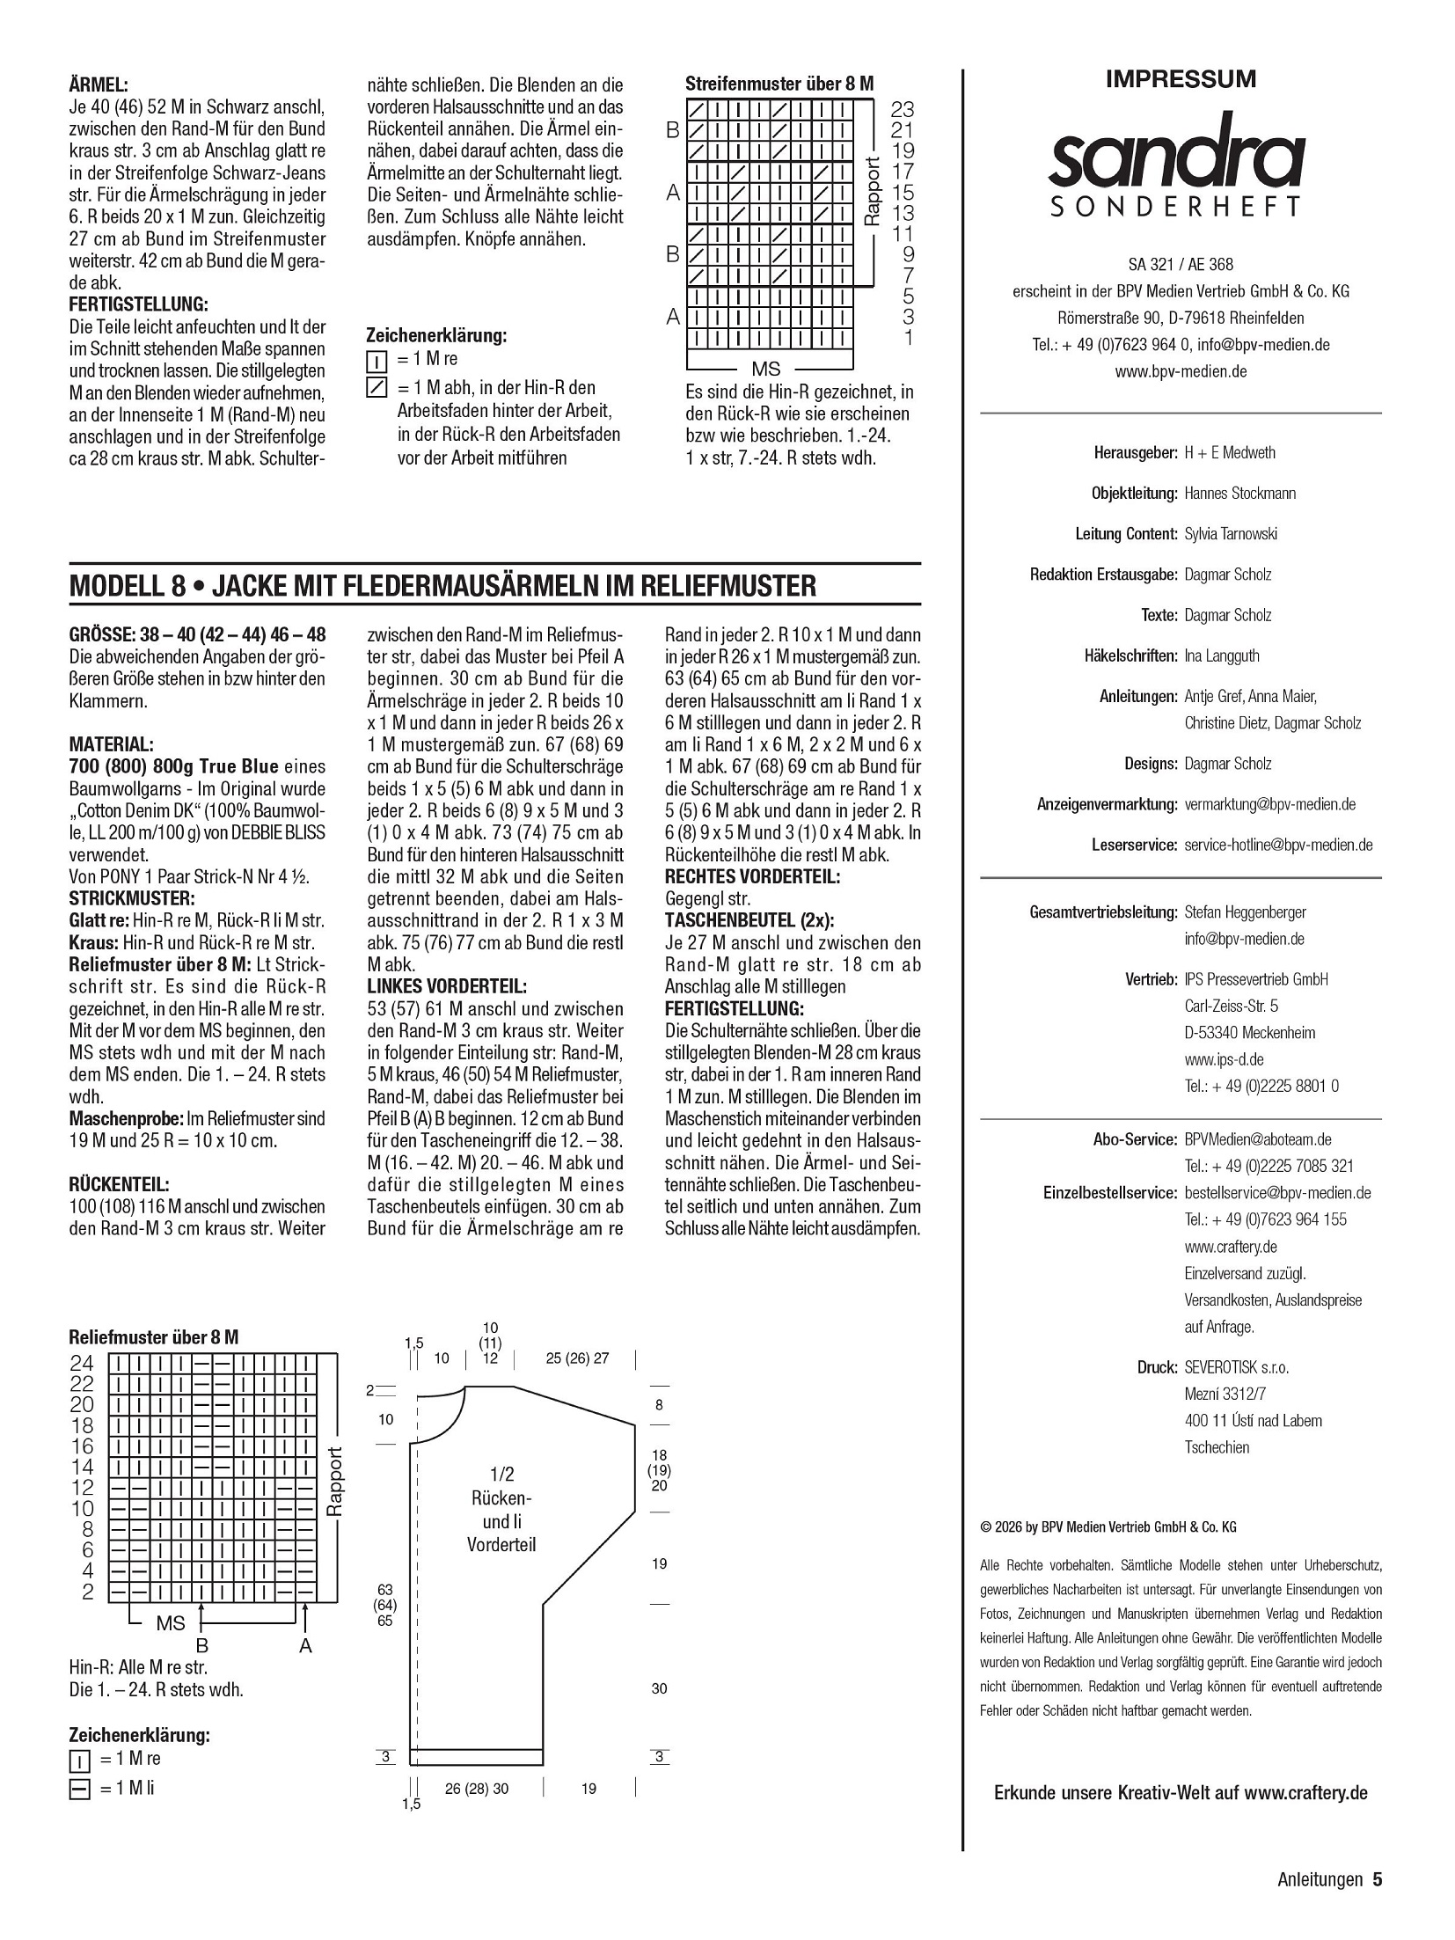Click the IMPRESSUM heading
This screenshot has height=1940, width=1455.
tap(1181, 79)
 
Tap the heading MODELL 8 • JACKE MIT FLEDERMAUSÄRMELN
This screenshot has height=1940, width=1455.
tap(442, 586)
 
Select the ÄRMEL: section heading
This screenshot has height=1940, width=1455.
tap(99, 85)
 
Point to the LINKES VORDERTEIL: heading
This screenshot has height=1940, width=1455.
tap(447, 986)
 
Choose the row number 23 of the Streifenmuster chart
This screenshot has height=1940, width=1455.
tap(903, 109)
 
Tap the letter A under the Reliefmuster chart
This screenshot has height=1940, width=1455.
tap(305, 1646)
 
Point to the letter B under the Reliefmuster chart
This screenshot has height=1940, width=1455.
tap(201, 1646)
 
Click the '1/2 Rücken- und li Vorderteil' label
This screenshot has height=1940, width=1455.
tap(501, 1521)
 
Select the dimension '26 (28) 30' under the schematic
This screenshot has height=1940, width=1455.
tap(477, 1788)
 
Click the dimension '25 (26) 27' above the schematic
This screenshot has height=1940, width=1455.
tap(577, 1358)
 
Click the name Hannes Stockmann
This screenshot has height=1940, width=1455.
tap(1239, 494)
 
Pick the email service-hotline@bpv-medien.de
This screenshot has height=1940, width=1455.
tap(1278, 845)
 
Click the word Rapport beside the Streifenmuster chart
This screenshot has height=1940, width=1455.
tap(873, 190)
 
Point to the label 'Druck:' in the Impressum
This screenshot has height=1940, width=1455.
tap(1157, 1367)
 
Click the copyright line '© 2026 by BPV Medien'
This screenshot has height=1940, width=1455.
tap(1108, 1527)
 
